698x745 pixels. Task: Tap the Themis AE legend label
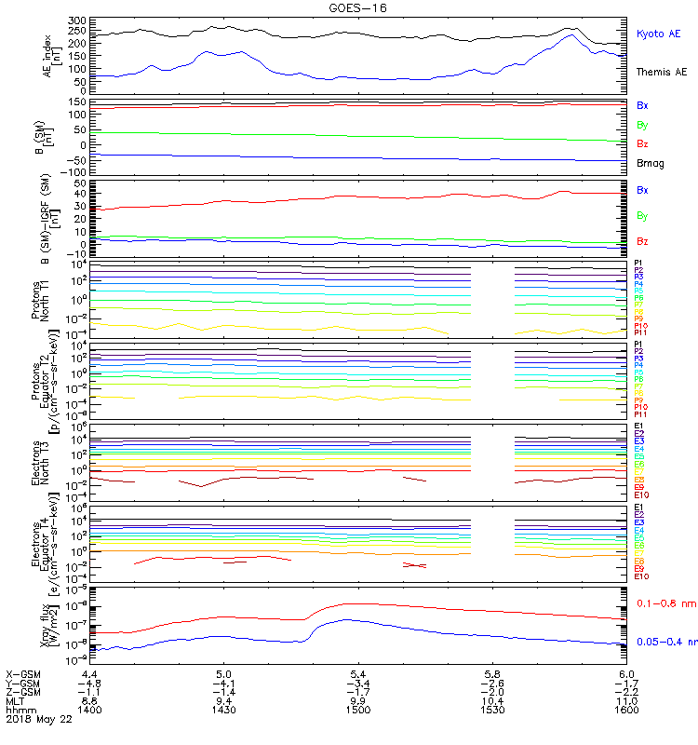point(660,72)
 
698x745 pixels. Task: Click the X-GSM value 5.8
point(492,673)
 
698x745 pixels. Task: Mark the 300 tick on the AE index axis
point(76,20)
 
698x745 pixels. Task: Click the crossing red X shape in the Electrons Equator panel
point(414,565)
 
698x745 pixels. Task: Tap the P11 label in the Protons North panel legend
point(640,332)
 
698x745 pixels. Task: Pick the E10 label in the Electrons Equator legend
point(641,576)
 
